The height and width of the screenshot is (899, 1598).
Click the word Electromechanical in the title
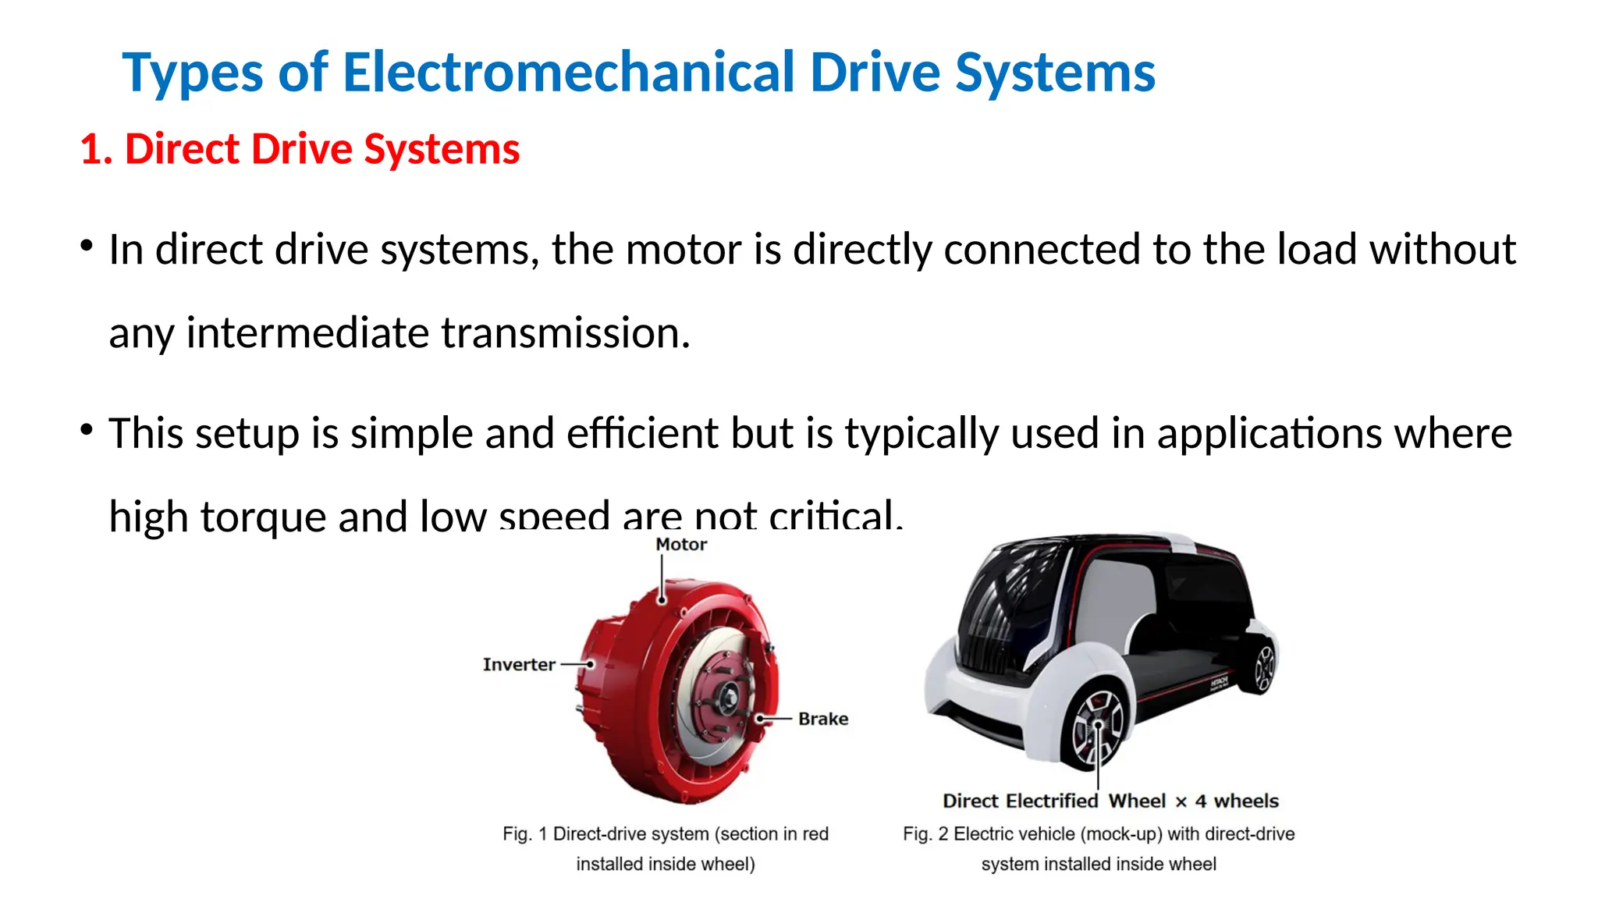point(568,73)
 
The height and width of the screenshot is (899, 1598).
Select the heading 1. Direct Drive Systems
point(300,149)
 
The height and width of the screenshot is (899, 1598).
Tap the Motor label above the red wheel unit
point(680,545)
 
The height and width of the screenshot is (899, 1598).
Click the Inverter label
point(518,665)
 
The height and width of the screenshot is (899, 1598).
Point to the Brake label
point(822,719)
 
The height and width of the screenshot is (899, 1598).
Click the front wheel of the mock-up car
point(1096,727)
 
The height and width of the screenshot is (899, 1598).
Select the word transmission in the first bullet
point(565,333)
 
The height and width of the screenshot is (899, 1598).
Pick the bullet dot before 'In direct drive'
point(87,247)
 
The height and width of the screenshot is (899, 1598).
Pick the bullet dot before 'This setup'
point(87,429)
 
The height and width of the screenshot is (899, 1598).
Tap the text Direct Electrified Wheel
point(1053,801)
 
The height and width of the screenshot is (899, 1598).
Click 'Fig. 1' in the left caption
point(524,834)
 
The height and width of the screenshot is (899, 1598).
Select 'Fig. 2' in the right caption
point(925,834)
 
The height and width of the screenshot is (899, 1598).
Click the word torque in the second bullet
point(262,517)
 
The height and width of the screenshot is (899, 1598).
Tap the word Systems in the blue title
point(1055,73)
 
